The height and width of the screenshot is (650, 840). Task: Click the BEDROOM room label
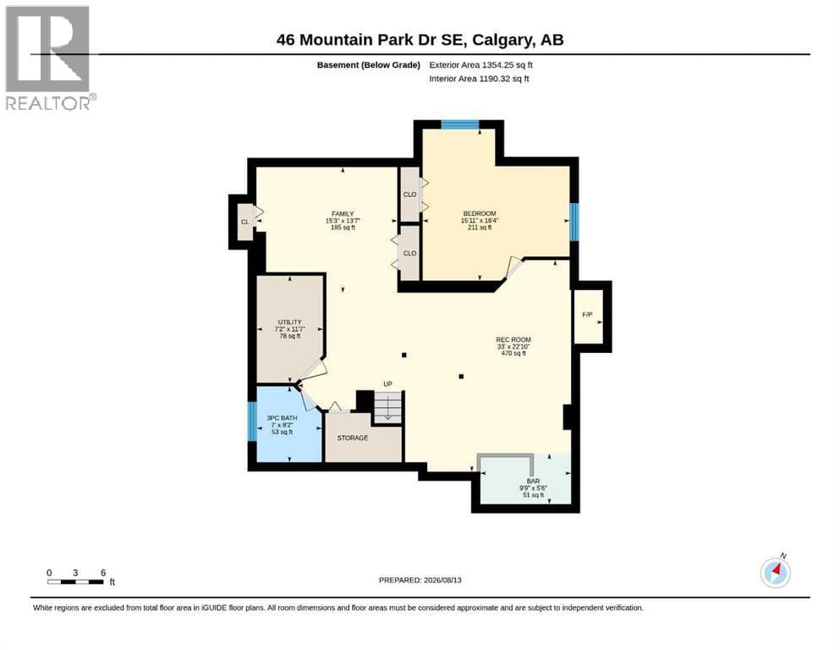(480, 213)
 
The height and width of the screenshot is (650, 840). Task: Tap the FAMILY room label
(343, 214)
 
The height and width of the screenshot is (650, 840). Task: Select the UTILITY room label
(290, 322)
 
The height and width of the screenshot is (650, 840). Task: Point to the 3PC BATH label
(282, 418)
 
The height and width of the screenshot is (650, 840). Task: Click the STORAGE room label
(353, 438)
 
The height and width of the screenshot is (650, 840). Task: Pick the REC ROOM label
(513, 339)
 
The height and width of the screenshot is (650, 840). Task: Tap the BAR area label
(533, 482)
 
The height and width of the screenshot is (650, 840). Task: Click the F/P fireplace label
(587, 315)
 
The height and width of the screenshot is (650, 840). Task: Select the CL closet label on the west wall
(244, 222)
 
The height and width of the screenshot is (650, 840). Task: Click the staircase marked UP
(387, 407)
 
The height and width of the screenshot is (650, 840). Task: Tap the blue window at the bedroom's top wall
(459, 125)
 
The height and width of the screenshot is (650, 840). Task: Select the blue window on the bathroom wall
(252, 421)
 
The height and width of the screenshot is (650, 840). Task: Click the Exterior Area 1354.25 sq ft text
(480, 65)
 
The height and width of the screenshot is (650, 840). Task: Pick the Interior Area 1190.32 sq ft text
(479, 79)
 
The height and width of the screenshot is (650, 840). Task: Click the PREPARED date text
(420, 580)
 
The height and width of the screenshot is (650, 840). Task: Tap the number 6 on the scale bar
(103, 573)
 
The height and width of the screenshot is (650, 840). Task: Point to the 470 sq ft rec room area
(513, 354)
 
